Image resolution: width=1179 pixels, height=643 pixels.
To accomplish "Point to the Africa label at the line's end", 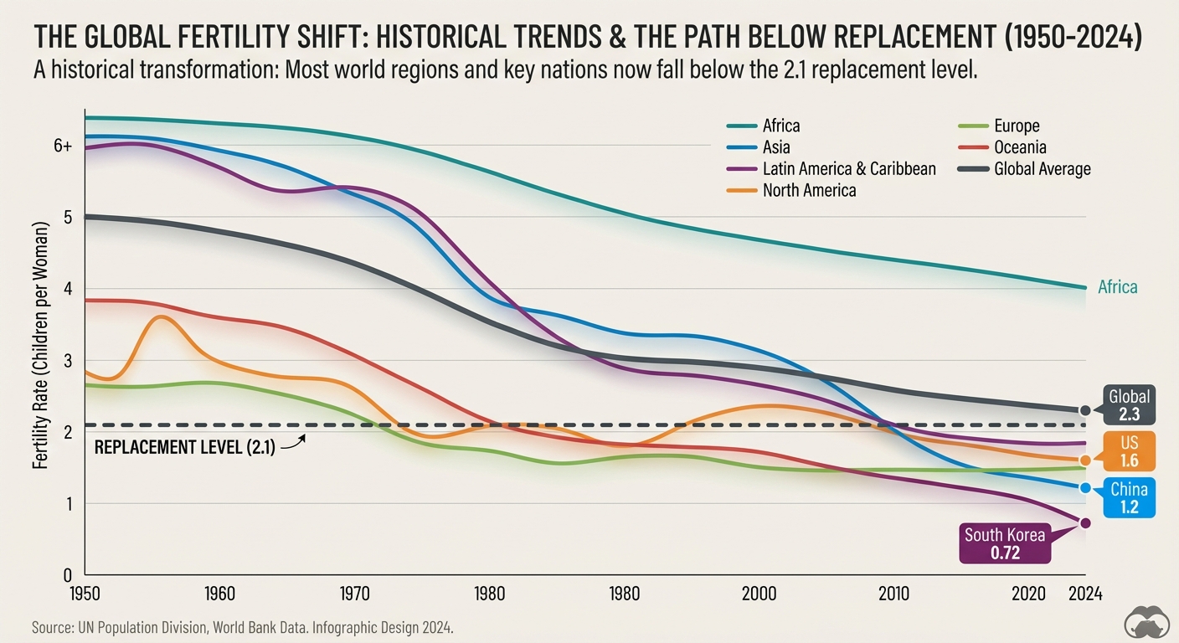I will [1117, 287].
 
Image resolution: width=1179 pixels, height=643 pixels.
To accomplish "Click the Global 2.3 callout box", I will [1129, 405].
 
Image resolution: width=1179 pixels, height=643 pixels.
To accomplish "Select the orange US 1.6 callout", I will [1129, 451].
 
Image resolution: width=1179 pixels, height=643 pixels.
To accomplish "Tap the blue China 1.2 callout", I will [1129, 497].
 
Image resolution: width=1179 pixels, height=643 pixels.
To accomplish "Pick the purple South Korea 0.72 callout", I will [1004, 543].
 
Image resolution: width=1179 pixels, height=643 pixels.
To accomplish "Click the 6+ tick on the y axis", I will [63, 146].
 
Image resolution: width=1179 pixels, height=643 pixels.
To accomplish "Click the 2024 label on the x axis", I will [1084, 594].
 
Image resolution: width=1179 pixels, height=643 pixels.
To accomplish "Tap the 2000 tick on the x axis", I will [759, 594].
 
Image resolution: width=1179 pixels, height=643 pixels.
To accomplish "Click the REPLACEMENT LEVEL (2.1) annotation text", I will [184, 447].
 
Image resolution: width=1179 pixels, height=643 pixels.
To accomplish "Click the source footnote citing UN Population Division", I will [242, 627].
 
